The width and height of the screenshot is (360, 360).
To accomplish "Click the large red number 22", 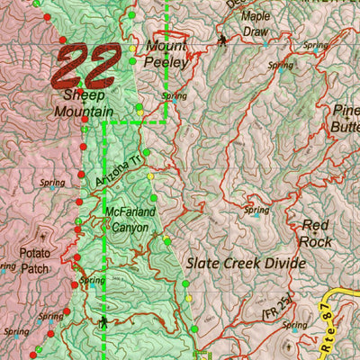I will coord(88,65).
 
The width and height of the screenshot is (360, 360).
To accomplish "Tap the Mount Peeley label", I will coord(166,54).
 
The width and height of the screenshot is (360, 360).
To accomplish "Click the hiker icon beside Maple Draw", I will coord(222,40).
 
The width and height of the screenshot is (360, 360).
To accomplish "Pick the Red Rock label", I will coord(316,233).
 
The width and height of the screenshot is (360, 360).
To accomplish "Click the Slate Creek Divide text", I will coord(246,264).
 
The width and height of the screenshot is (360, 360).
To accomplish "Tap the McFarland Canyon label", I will coord(131,220).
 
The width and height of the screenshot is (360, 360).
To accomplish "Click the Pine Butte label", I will coord(346,118).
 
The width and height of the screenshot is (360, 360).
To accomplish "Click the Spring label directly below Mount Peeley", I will coord(174,95).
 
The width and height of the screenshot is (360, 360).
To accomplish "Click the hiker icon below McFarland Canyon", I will coord(105,321).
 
